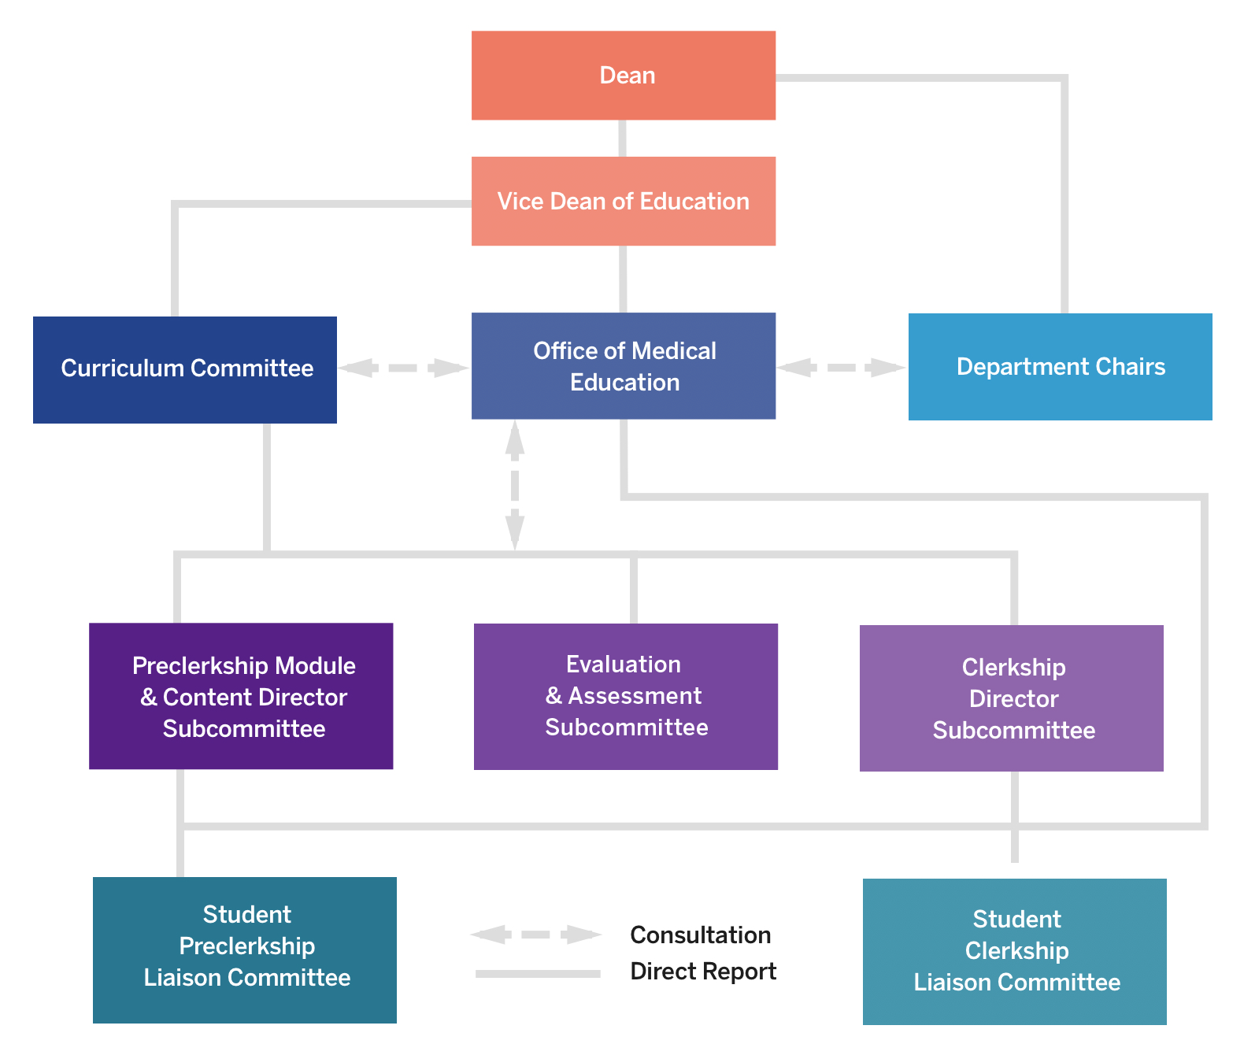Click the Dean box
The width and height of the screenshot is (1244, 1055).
point(623,76)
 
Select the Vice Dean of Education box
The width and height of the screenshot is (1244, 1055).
point(623,202)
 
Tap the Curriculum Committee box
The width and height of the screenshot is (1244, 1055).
point(185,369)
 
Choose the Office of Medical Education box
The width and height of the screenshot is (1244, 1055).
point(623,366)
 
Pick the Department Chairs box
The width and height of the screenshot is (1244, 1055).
point(1060,367)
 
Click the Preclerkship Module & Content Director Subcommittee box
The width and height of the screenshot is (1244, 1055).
point(241,696)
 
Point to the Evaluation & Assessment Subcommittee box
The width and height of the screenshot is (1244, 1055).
point(625,696)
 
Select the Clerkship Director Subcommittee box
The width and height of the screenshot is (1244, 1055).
point(1011,698)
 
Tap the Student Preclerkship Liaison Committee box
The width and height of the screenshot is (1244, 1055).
point(244,949)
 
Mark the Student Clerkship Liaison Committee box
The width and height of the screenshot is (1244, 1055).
point(1014,951)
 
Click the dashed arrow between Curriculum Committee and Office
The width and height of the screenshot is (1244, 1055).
point(404,368)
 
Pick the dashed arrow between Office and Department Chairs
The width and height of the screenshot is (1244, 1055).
point(841,368)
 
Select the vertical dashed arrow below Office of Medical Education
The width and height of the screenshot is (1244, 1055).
point(515,485)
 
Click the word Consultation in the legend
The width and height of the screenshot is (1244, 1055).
point(700,935)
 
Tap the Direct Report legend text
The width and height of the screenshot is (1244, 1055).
point(703,972)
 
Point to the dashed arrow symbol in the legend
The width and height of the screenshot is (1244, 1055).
point(536,935)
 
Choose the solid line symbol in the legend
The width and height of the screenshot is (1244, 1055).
point(538,974)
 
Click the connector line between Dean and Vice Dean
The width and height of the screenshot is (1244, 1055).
point(623,139)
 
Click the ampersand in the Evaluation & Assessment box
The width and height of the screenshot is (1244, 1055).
point(554,696)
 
